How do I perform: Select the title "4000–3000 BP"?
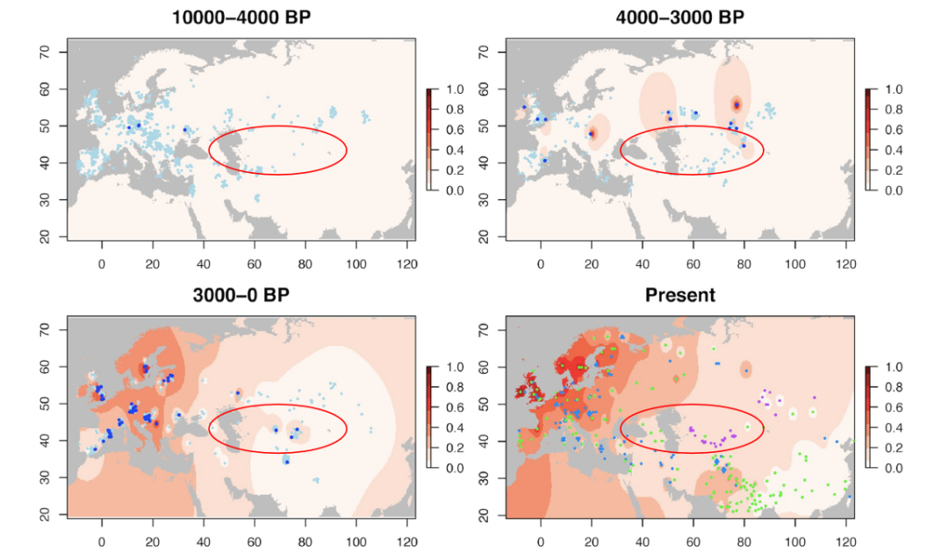click(680, 18)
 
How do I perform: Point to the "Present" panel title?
click(680, 295)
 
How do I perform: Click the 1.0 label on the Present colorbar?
click(889, 367)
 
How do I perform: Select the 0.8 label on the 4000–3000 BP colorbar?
click(889, 110)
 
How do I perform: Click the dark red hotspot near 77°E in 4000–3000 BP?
click(737, 104)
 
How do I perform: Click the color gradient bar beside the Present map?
click(868, 417)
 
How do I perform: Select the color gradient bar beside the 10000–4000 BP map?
click(429, 140)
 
